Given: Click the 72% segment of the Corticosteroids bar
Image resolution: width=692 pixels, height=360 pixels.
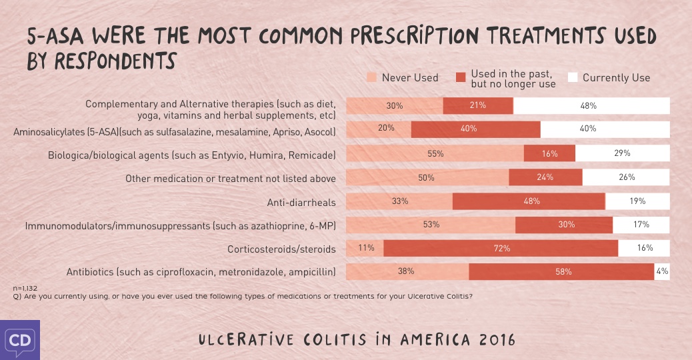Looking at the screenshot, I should [x=501, y=248].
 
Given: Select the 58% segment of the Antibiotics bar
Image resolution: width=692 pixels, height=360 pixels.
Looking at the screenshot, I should [x=561, y=271].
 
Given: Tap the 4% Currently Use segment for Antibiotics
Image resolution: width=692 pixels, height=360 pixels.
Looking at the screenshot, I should [x=662, y=271].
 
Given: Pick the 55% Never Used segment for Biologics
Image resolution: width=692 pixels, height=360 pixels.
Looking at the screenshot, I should [x=435, y=153].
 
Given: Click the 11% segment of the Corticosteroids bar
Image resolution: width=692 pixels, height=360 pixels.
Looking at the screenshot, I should [x=365, y=248].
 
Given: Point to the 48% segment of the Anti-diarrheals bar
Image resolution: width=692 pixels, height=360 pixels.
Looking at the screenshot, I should [x=529, y=201].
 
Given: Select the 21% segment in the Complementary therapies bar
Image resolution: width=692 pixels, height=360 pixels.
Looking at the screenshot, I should [x=478, y=105].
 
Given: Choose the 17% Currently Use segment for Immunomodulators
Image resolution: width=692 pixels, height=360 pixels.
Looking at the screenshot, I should [x=641, y=225].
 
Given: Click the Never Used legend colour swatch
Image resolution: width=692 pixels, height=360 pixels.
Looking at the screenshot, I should [x=371, y=77].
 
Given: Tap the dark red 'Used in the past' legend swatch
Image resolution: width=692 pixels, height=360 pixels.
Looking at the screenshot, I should [x=460, y=77].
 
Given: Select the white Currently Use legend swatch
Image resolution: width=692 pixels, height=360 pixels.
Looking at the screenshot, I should [x=572, y=77].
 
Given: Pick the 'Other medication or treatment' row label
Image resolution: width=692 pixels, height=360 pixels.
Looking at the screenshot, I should [x=231, y=178].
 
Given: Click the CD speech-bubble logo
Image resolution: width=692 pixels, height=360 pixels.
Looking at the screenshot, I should [x=19, y=339].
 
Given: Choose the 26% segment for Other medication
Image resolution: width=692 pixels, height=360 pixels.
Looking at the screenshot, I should [x=626, y=177].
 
